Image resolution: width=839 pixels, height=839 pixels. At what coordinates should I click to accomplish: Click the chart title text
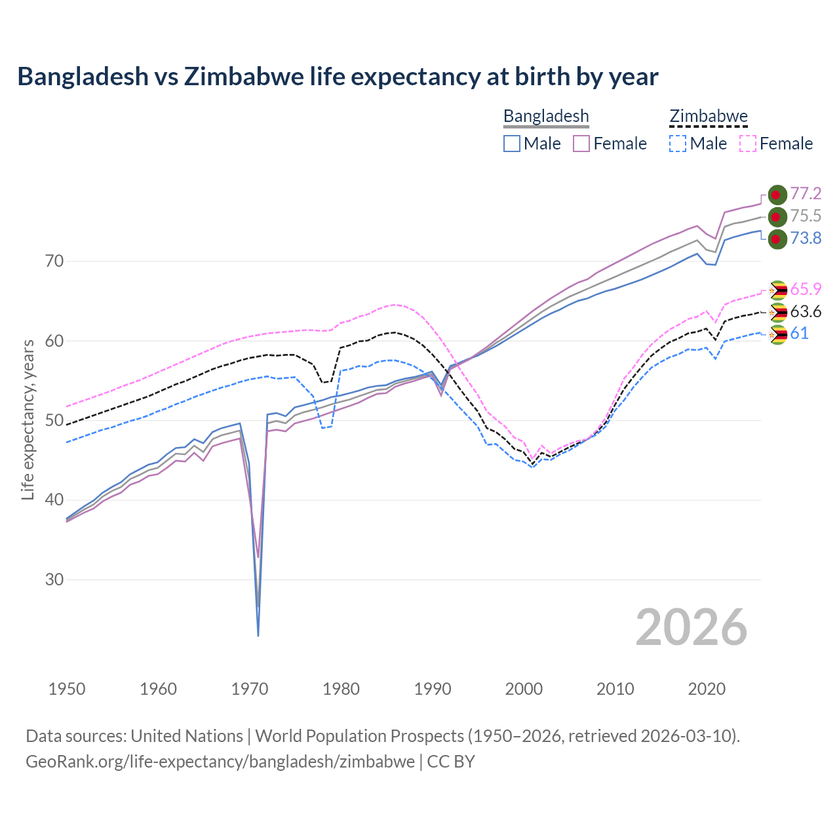click(x=338, y=77)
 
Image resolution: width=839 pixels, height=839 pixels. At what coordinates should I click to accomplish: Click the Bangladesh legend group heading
click(x=546, y=116)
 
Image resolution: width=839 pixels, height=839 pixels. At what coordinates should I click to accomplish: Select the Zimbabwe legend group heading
click(x=708, y=116)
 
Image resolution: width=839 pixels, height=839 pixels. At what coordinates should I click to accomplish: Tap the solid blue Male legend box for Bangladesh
click(x=512, y=144)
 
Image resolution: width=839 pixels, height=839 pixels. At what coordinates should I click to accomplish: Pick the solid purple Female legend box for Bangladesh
click(x=581, y=144)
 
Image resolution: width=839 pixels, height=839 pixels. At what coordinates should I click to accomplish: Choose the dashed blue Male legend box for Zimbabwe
click(x=678, y=144)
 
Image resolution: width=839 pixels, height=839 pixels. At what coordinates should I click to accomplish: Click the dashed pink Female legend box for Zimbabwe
click(x=747, y=144)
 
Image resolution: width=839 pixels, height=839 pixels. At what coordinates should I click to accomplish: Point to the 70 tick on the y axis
click(x=54, y=262)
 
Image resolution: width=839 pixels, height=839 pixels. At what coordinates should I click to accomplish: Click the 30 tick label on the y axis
click(x=54, y=580)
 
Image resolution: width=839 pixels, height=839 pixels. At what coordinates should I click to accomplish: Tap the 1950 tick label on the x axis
click(x=67, y=689)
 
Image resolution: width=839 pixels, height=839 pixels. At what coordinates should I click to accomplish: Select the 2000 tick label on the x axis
click(x=524, y=689)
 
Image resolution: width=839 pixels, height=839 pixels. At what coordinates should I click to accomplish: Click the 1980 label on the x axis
click(x=341, y=689)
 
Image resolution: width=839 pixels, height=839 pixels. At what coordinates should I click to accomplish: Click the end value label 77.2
click(x=806, y=193)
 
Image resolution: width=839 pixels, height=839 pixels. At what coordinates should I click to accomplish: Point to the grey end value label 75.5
click(x=806, y=216)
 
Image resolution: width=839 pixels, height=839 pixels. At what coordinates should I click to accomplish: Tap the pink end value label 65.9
click(x=806, y=289)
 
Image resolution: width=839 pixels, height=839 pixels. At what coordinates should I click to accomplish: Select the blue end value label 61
click(x=799, y=334)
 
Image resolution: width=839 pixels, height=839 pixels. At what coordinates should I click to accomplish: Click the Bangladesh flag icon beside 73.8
click(x=777, y=239)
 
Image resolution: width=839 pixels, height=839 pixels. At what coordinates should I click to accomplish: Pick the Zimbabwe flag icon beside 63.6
click(x=777, y=313)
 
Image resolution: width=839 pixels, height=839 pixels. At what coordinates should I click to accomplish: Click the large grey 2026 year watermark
click(x=692, y=627)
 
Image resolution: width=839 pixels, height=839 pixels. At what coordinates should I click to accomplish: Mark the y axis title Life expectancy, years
click(x=28, y=419)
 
